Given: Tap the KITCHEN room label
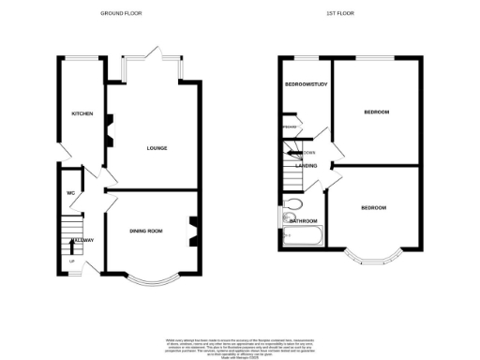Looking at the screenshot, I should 82,113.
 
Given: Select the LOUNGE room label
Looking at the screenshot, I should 156,148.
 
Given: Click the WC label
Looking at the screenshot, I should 69,194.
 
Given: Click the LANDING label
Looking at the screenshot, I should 306,166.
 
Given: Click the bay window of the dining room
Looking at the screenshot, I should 150,279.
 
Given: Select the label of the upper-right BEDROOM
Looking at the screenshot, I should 377,112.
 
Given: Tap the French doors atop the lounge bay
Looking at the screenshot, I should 151,58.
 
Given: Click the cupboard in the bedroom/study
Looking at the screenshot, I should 290,127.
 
